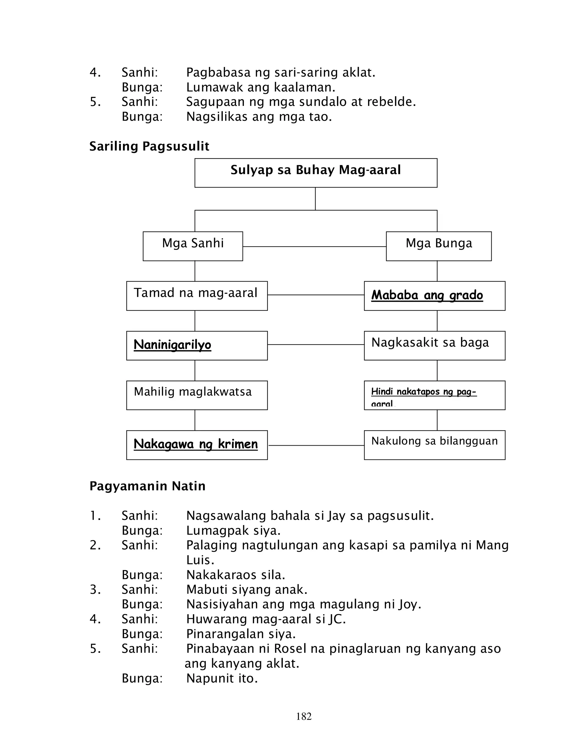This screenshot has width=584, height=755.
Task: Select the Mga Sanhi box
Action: pos(193,246)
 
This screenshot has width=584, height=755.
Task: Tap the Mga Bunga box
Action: pos(438,246)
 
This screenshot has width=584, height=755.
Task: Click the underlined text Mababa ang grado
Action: pos(427,295)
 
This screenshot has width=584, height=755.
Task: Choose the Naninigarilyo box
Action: pos(196,345)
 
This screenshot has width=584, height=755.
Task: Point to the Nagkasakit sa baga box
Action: pos(434,345)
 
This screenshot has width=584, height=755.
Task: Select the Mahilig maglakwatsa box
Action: pos(196,395)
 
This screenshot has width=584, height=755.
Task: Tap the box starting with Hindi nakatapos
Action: pos(434,395)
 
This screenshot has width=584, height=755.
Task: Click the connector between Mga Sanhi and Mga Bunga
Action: pos(314,246)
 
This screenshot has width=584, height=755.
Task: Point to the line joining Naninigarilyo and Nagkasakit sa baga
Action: pos(316,344)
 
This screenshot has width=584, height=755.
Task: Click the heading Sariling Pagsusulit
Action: pos(149,146)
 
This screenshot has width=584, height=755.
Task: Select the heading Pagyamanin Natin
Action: pos(147,486)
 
